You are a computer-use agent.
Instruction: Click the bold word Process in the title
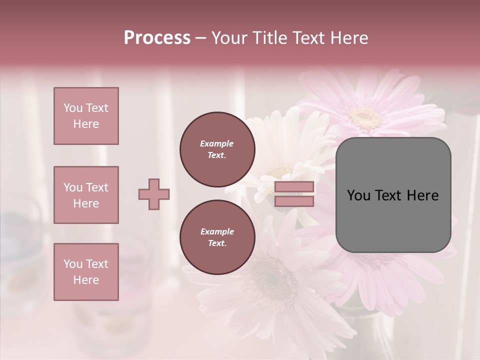click(157, 38)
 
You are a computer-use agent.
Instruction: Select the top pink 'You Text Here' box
click(86, 116)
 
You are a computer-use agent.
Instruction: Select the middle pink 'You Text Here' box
click(86, 195)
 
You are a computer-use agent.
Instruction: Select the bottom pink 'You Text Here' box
click(86, 272)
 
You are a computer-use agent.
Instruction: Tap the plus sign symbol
click(154, 194)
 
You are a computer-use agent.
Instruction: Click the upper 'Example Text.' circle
click(217, 149)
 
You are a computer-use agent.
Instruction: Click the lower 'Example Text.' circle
click(217, 237)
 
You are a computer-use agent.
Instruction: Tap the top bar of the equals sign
click(294, 187)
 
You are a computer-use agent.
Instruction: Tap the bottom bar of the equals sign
click(294, 201)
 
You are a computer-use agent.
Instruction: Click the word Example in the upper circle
click(217, 143)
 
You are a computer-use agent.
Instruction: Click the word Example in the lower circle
click(217, 231)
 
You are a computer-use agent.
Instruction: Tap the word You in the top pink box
click(72, 108)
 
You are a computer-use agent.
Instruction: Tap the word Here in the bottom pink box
click(86, 280)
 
